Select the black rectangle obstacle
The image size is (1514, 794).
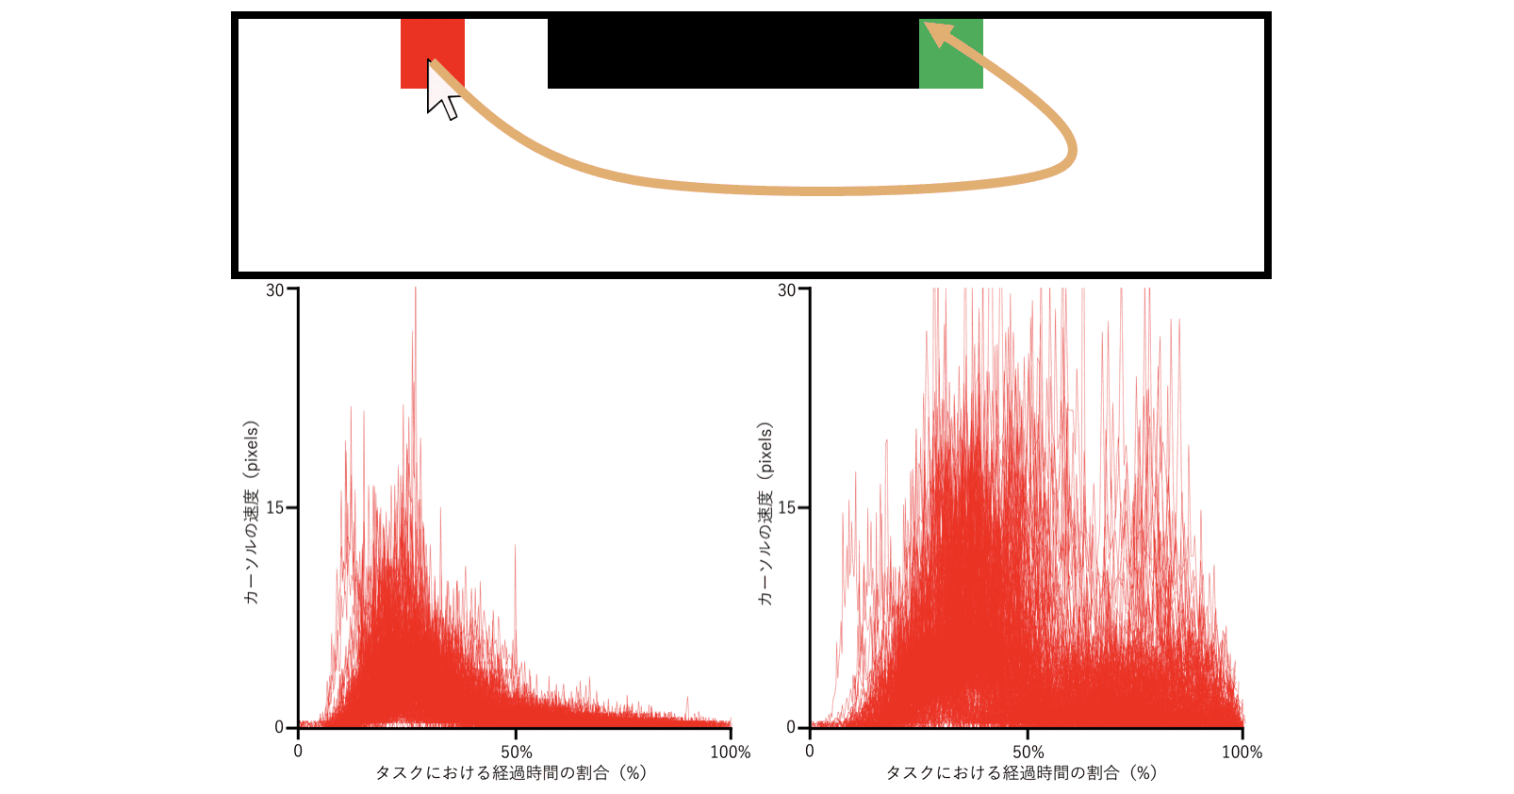pos(732,53)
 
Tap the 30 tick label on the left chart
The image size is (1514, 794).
pos(274,290)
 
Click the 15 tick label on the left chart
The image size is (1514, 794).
pos(274,508)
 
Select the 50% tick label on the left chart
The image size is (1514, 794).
pos(516,753)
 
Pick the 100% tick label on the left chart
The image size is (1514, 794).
pos(731,753)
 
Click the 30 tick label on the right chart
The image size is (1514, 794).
pos(786,290)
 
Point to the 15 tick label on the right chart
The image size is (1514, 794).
pos(786,508)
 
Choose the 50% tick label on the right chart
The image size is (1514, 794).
pos(1028,753)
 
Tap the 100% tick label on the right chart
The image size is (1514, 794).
pos(1242,753)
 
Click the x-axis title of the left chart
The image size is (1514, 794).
pos(511,773)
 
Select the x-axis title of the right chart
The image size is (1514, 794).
pos(1021,773)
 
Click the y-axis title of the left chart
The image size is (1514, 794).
pos(251,512)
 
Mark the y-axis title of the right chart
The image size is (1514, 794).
pos(765,512)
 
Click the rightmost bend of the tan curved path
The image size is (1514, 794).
pos(1073,151)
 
